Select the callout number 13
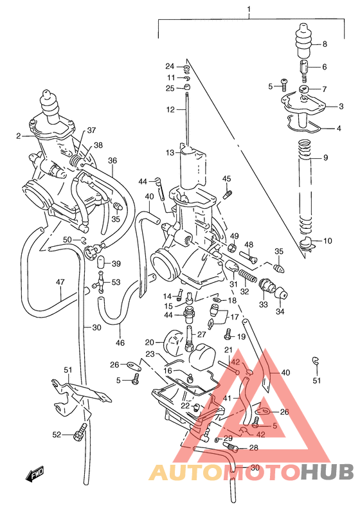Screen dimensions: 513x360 [170, 152]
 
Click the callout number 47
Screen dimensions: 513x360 [60, 282]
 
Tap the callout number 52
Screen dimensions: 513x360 [57, 435]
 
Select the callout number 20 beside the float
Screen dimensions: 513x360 [149, 343]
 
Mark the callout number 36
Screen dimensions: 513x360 [113, 161]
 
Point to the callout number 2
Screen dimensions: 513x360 [19, 136]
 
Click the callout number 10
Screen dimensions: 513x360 [328, 241]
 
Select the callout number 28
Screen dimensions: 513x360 [253, 448]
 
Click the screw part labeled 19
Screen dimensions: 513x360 [228, 335]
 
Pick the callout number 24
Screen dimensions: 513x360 [170, 66]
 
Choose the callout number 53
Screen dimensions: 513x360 [116, 282]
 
